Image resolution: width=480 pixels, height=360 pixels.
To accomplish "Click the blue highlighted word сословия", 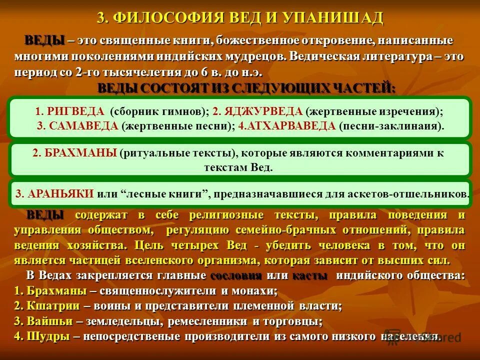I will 236,276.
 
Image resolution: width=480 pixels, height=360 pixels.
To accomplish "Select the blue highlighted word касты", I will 310,276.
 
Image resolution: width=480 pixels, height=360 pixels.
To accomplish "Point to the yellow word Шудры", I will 42,336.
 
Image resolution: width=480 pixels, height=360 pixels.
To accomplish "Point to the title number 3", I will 101,18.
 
